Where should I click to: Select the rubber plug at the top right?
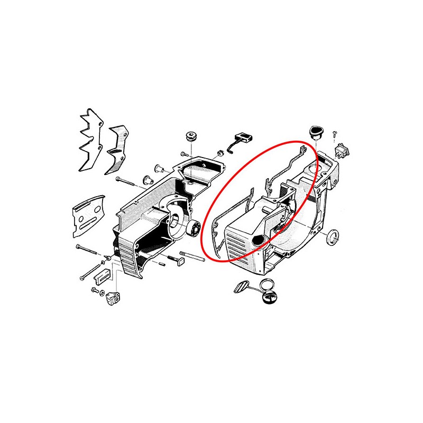(315, 132)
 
